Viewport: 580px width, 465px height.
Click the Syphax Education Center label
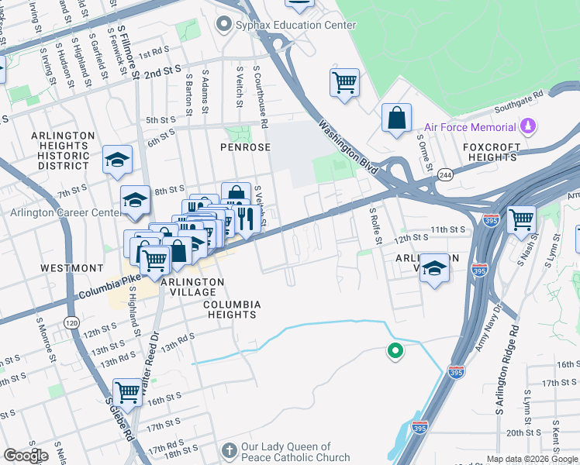pos(295,25)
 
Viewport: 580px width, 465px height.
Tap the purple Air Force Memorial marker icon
pos(528,126)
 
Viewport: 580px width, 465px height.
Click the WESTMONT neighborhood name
pos(66,267)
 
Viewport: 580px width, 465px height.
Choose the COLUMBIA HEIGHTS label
pos(230,309)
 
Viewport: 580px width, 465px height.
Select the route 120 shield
pos(71,321)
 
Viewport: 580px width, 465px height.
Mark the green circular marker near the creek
pos(395,352)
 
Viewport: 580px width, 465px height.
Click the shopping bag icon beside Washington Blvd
pos(396,119)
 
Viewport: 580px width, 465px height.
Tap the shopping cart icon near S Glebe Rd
pos(128,391)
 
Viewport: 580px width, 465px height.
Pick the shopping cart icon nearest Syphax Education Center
pos(344,81)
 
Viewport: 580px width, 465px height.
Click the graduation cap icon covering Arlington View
pos(435,267)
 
